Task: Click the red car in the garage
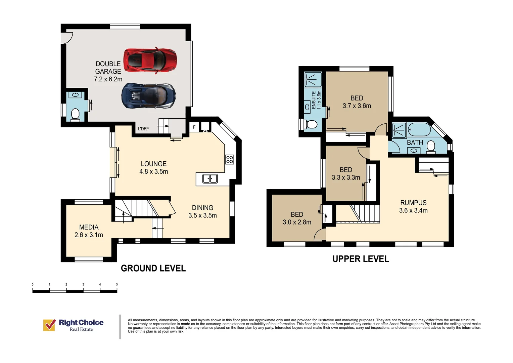(x=150, y=61)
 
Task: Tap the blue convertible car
(x=149, y=95)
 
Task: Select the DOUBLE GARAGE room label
(x=108, y=71)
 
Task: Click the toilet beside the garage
(x=75, y=115)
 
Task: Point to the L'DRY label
(x=144, y=129)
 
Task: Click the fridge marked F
(x=194, y=127)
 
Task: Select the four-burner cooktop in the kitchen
(x=230, y=159)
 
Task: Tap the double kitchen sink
(x=210, y=178)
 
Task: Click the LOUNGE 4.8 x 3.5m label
(x=154, y=168)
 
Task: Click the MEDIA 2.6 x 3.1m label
(x=89, y=231)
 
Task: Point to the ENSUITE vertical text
(x=314, y=100)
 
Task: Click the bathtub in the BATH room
(x=419, y=129)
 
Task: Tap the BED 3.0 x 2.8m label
(x=297, y=218)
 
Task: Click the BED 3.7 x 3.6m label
(x=357, y=102)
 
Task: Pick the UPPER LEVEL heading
(x=361, y=259)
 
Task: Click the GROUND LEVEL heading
(x=153, y=268)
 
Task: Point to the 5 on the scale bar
(x=117, y=285)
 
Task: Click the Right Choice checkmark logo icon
(x=49, y=325)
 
